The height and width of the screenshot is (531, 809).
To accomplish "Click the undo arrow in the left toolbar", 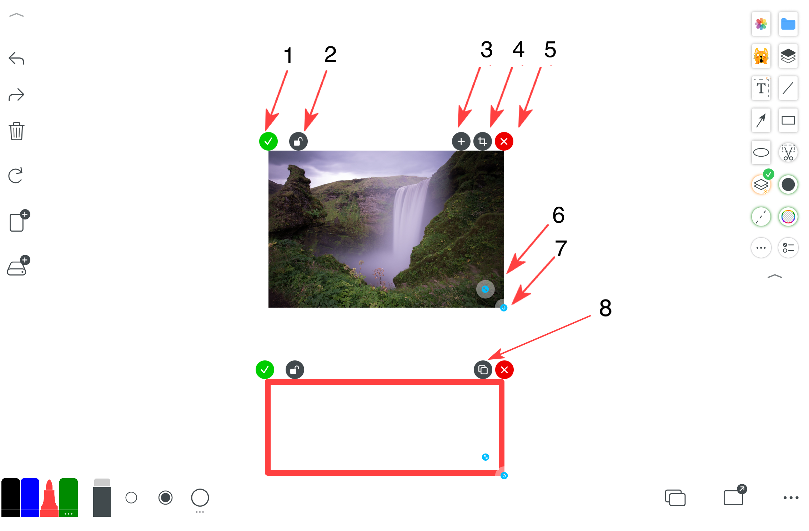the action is coord(16,58).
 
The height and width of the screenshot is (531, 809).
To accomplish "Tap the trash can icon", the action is coord(16,131).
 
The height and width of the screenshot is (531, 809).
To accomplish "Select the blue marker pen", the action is coord(30,497).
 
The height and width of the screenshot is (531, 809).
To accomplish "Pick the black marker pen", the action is coord(11,497).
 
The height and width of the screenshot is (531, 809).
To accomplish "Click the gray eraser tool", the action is coord(102,497).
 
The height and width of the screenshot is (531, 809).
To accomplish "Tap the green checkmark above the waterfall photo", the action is coord(268,141).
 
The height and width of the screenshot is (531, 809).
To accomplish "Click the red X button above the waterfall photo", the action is coord(504,141).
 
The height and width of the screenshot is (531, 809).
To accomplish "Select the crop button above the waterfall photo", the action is coord(483,141).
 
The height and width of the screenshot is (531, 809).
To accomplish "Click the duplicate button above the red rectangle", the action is coord(483,370).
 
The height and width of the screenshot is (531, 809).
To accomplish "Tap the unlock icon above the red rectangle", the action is coord(295,370).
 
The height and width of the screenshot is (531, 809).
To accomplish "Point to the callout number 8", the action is coord(606,308).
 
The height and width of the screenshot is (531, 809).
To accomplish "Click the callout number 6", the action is coord(559,215).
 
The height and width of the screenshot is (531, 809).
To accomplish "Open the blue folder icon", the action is coord(788,24).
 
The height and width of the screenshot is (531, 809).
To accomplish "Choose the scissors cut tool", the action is coord(788,152).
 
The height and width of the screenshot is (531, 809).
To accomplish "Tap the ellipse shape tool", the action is coord(761,152).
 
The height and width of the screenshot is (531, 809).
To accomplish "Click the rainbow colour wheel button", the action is coord(788,217).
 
